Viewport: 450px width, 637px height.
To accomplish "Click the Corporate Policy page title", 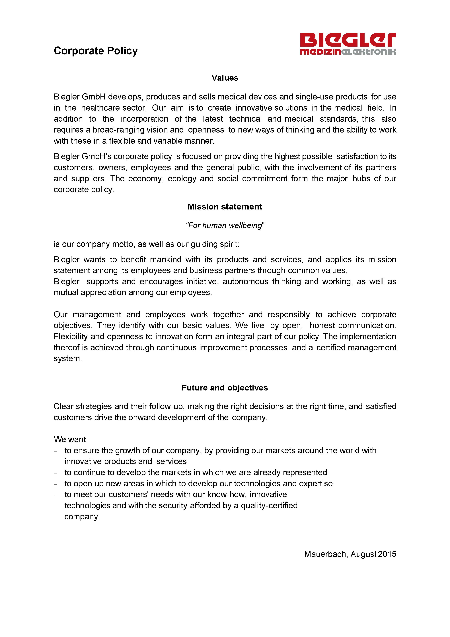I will click(96, 51).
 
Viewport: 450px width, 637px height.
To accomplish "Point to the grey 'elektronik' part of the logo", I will click(369, 52).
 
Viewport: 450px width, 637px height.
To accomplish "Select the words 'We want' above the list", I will click(70, 439).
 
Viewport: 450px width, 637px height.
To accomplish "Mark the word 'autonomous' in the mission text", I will click(245, 282).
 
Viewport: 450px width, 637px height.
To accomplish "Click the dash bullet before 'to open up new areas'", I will click(56, 484).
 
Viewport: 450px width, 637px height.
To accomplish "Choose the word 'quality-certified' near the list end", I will click(269, 506).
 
